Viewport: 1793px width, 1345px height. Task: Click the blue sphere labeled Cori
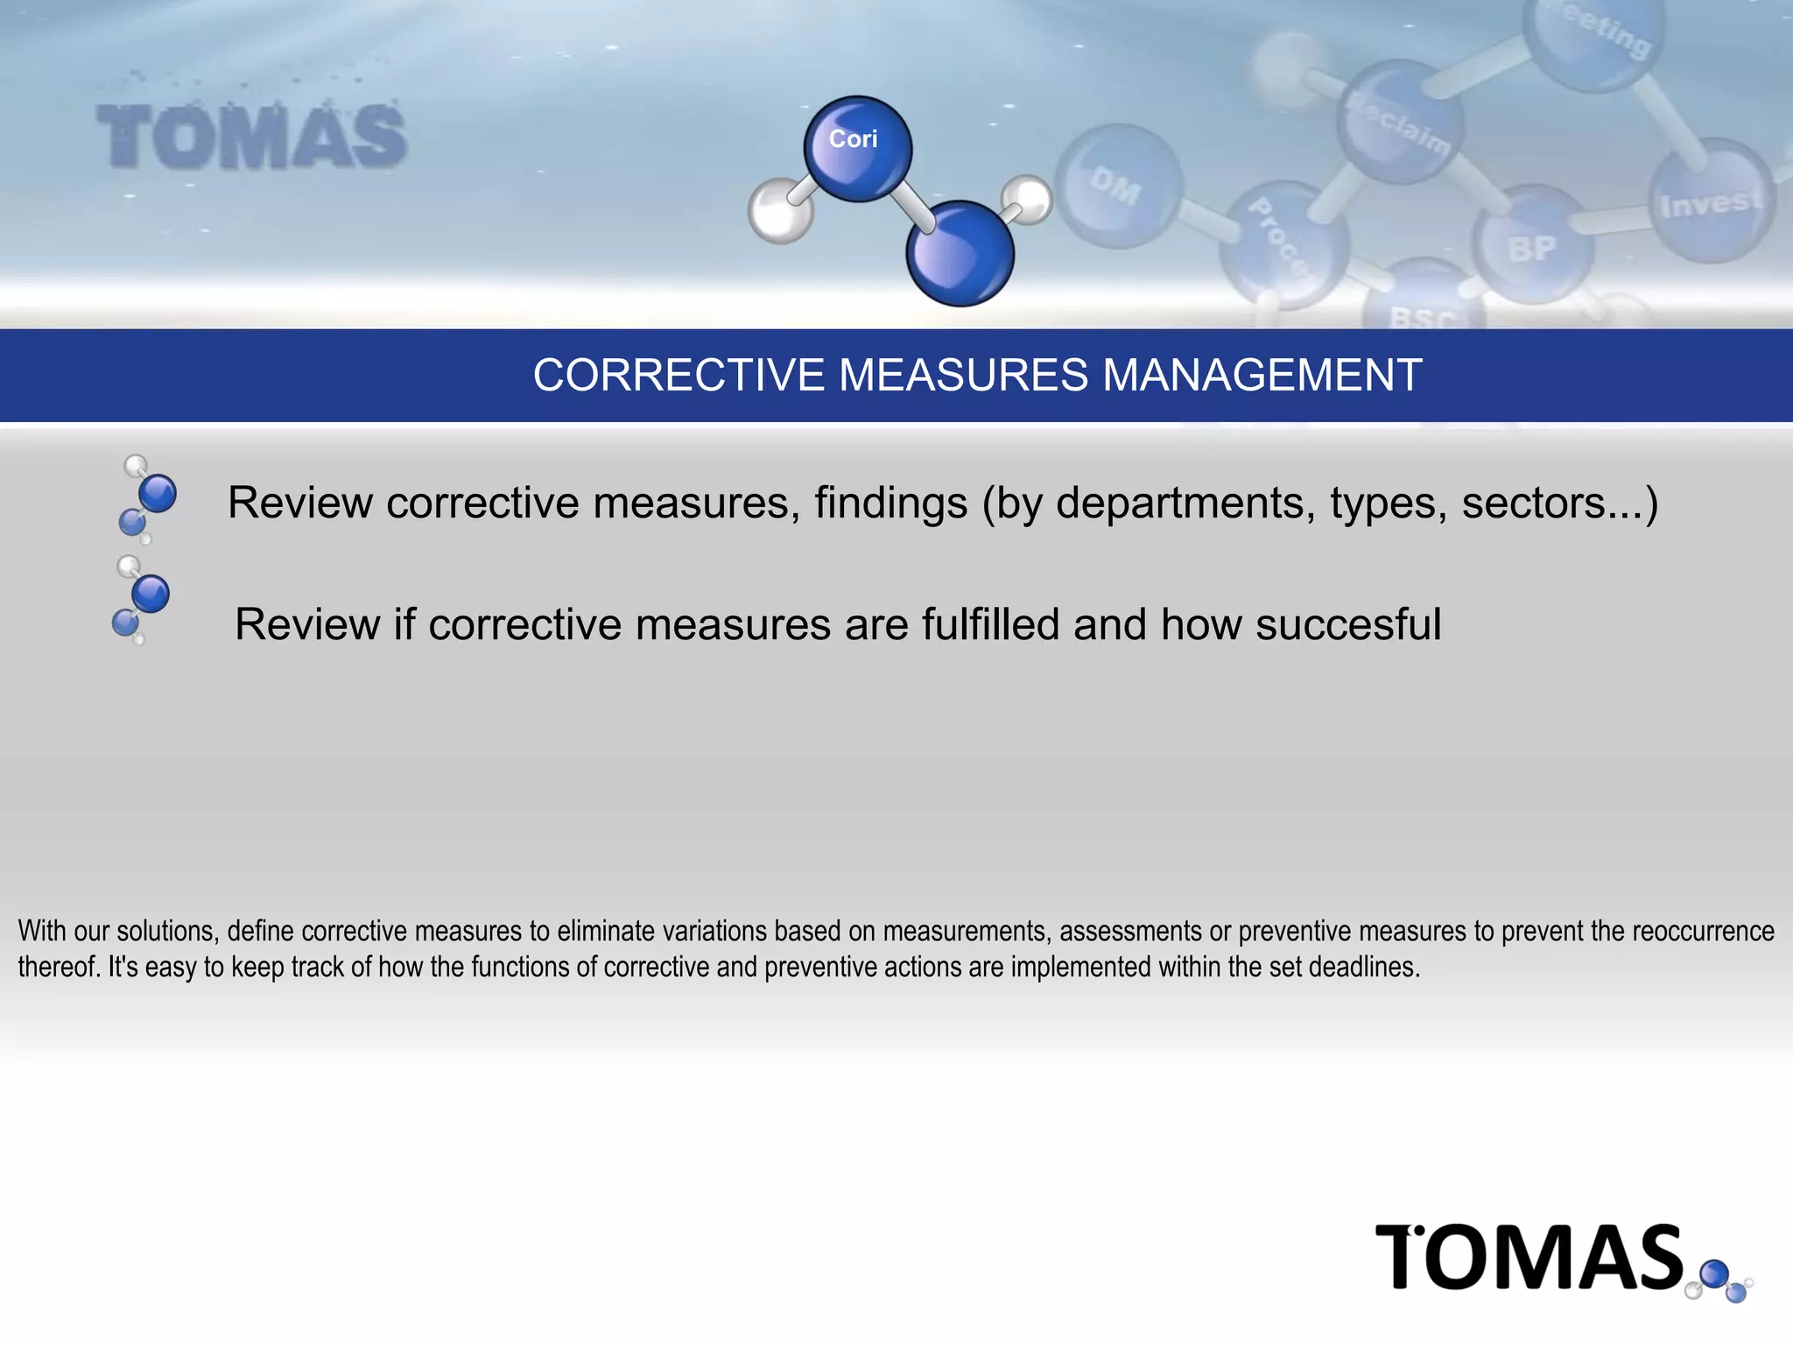[857, 148]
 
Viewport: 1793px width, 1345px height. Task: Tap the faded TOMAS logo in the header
[251, 137]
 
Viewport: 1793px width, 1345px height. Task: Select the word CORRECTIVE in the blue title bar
[679, 376]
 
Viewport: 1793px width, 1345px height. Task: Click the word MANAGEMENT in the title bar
[1262, 376]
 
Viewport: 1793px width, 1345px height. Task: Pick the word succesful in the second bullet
[1348, 624]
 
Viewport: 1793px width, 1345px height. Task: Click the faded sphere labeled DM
[1118, 186]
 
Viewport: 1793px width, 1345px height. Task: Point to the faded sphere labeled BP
[1532, 245]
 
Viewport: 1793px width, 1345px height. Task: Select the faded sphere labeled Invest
[1710, 201]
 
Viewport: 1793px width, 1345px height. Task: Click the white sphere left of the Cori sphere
[778, 210]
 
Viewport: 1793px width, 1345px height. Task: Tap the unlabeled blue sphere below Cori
[960, 253]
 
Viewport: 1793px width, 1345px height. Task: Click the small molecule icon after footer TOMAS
[1721, 1280]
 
